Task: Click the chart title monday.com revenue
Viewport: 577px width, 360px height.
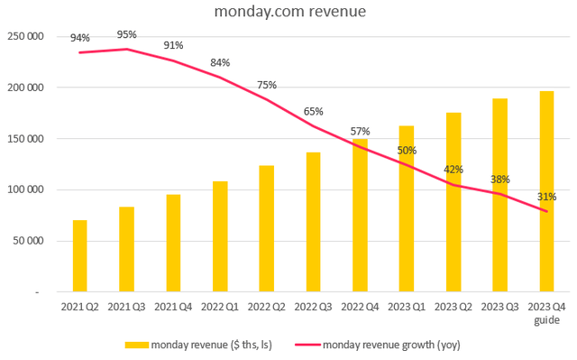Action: pos(288,14)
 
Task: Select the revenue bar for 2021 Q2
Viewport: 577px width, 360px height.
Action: pos(80,256)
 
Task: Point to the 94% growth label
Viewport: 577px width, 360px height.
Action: pos(80,38)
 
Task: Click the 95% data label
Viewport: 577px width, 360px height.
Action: pos(127,34)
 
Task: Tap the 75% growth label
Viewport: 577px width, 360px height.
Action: pos(267,85)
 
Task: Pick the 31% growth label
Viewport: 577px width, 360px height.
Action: pos(546,197)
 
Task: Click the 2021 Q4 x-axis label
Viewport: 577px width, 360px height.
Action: pos(173,308)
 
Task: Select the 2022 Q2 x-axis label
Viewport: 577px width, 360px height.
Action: pos(267,308)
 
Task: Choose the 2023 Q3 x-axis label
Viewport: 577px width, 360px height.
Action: pos(499,308)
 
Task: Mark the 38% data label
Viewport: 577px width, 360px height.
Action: pos(499,179)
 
